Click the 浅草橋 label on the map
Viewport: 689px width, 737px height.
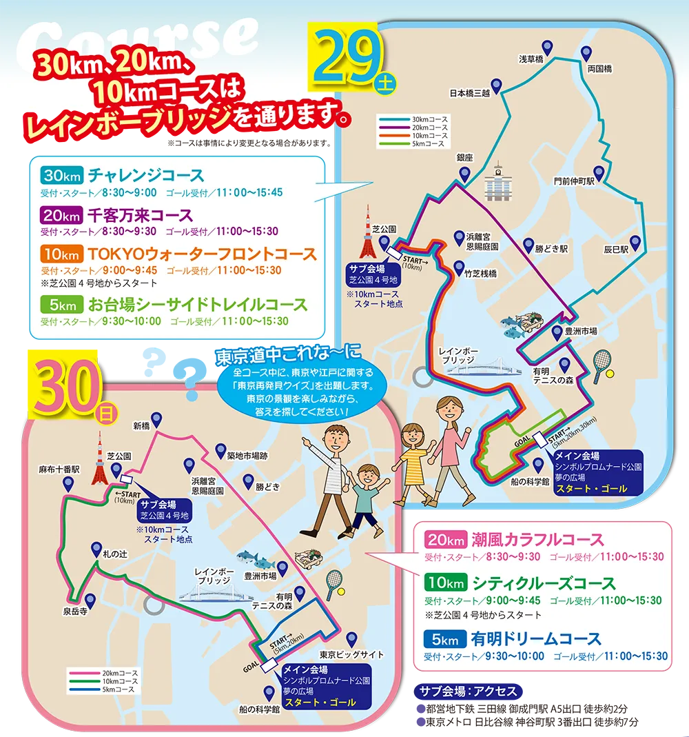pos(531,59)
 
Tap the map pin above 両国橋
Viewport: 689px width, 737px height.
pos(586,53)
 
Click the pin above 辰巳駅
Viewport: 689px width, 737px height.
pos(636,243)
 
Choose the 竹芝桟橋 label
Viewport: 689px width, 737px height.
pos(480,274)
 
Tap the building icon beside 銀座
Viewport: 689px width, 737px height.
pos(498,181)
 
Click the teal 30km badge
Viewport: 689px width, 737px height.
pos(61,175)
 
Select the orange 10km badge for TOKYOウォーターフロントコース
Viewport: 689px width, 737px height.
pos(61,254)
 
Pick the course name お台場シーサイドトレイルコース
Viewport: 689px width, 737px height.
pos(198,304)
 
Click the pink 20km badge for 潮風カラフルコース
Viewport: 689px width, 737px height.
pos(445,540)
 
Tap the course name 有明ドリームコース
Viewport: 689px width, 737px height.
pos(537,639)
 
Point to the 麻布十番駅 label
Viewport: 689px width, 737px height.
pos(59,470)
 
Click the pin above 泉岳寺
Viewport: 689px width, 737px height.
pos(89,600)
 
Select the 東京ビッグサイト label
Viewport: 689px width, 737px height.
pos(352,654)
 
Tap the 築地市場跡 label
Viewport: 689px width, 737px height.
pos(248,456)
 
